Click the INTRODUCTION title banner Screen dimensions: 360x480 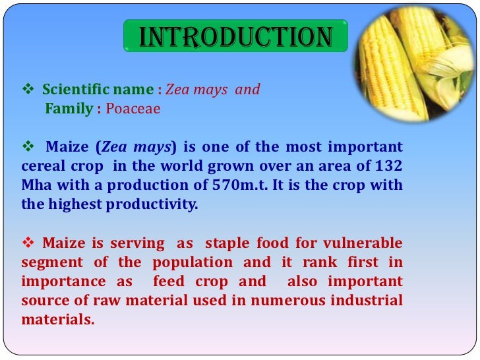[x=235, y=37]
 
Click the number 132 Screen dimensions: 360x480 [x=389, y=165]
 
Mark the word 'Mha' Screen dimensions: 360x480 [x=34, y=185]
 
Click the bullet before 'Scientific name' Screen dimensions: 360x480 [x=28, y=89]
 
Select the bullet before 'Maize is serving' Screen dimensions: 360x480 [x=28, y=243]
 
